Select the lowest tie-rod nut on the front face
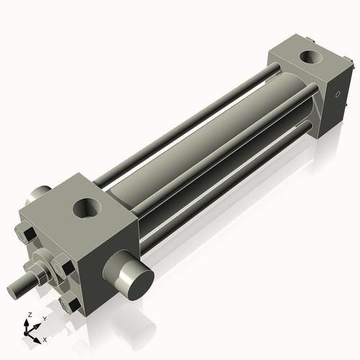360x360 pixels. pyautogui.click(x=71, y=305)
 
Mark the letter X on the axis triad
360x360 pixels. pyautogui.click(x=45, y=338)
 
